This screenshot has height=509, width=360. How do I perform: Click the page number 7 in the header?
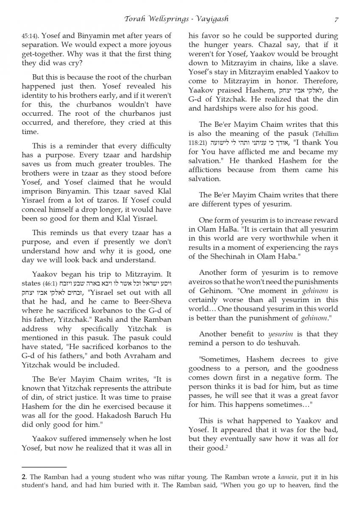(x=336, y=19)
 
